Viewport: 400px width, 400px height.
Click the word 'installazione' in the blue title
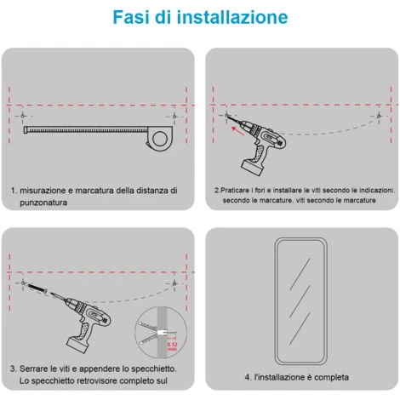(x=232, y=17)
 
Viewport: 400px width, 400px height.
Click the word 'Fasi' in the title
(x=131, y=17)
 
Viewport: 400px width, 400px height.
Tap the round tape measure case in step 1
(x=159, y=138)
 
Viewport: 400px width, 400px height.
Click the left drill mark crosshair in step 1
(x=23, y=116)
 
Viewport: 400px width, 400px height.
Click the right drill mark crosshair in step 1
(x=174, y=117)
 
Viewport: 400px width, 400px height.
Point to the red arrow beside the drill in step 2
(x=238, y=131)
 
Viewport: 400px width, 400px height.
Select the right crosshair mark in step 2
(x=379, y=116)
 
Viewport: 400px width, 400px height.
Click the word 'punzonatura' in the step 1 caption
(x=43, y=203)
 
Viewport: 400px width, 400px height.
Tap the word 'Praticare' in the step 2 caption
(x=235, y=191)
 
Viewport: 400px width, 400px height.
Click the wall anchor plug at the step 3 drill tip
(x=37, y=289)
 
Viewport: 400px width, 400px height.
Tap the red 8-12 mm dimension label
(x=172, y=346)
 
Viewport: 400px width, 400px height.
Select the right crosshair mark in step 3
(x=174, y=283)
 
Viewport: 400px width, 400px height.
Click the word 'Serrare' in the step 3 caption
(x=34, y=369)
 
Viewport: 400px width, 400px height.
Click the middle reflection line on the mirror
(x=300, y=301)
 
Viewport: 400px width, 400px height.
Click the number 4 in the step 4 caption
(x=248, y=377)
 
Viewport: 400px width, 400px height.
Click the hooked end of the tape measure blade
(x=26, y=130)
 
